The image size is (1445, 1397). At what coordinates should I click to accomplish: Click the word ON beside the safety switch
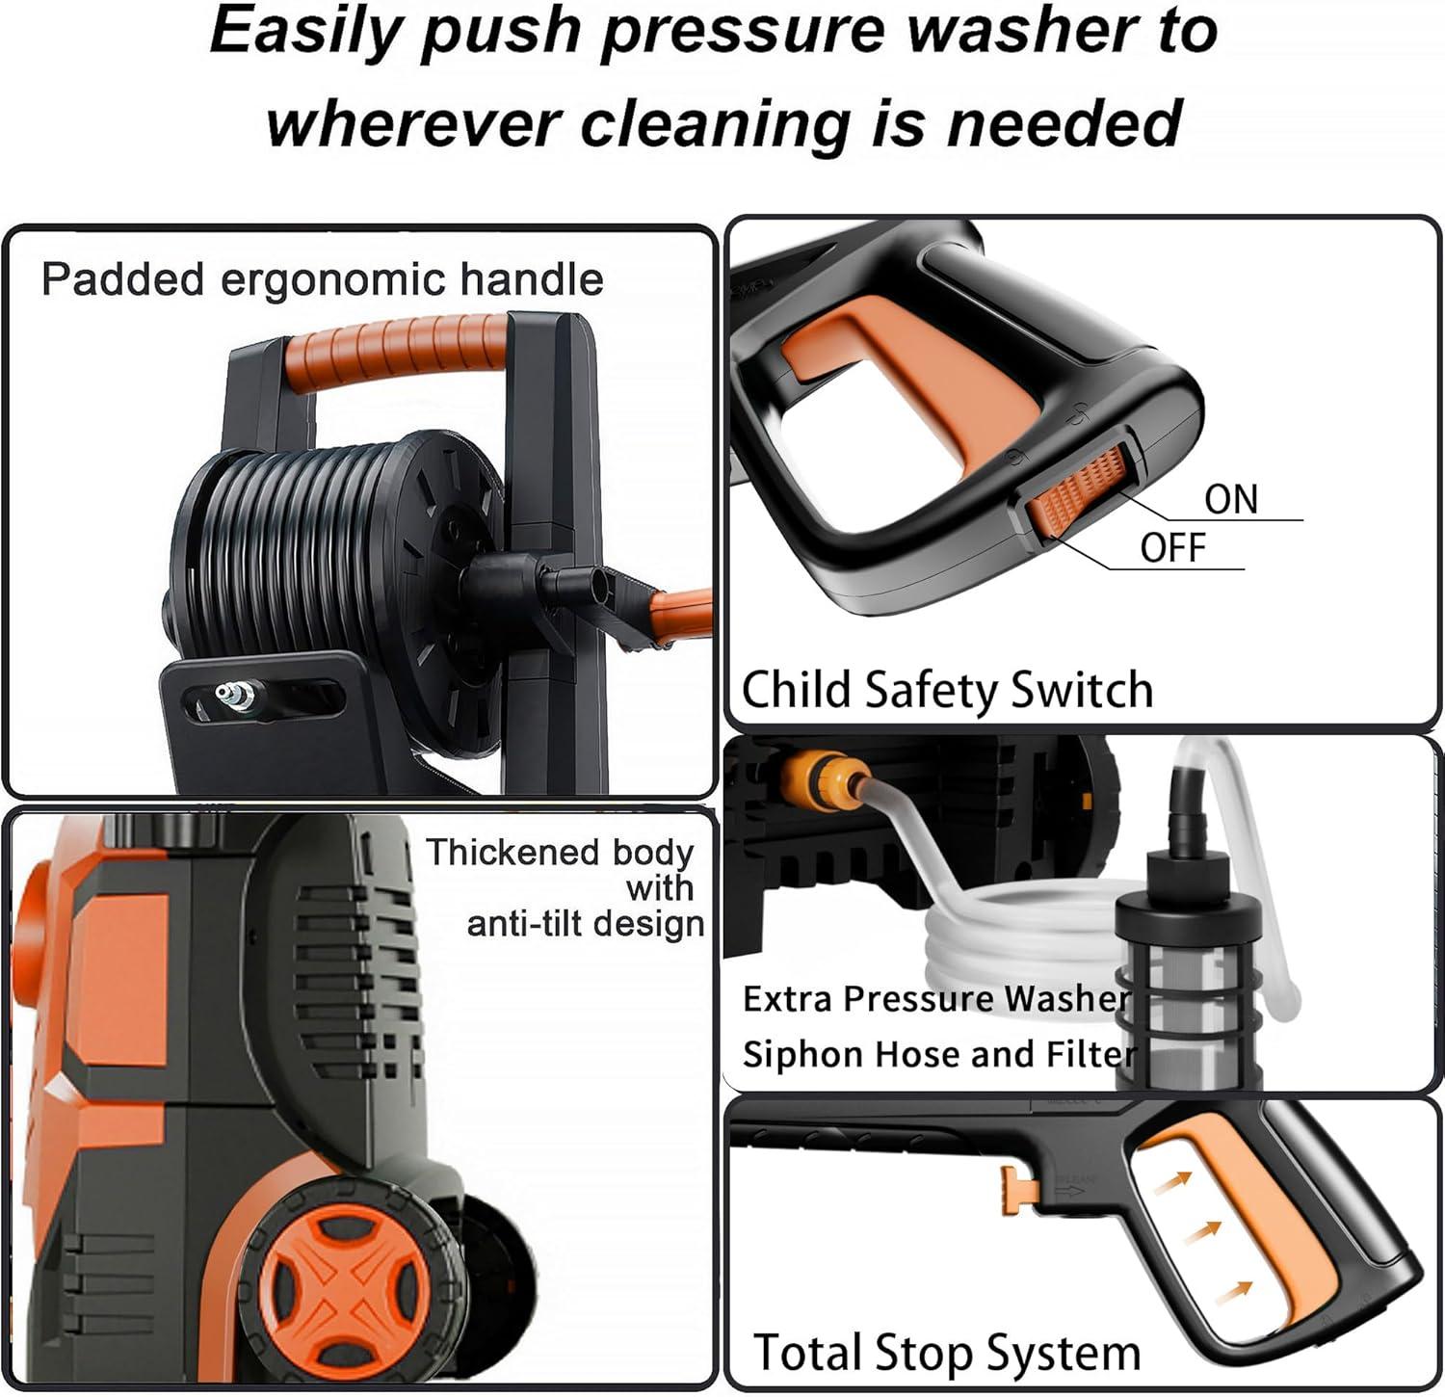[1231, 499]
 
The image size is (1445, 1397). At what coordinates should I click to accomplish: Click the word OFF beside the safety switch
[1172, 547]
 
